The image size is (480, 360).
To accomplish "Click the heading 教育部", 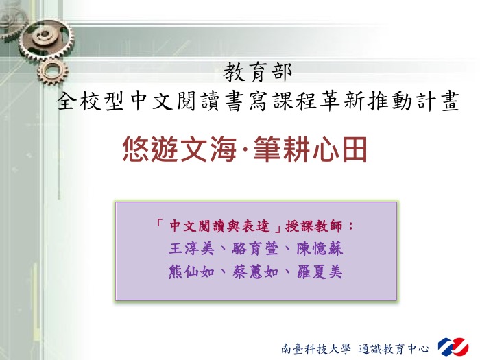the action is click(x=258, y=72).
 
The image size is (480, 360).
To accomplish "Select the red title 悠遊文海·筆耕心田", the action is click(x=245, y=149).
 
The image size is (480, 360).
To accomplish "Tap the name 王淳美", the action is click(x=191, y=248).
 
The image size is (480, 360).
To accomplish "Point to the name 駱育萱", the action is click(x=255, y=248).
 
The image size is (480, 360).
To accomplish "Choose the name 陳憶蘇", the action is click(x=320, y=248).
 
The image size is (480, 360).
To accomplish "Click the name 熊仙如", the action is click(x=191, y=272).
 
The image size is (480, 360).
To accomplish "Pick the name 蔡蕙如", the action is click(x=255, y=272).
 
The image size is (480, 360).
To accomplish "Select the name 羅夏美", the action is click(x=320, y=272).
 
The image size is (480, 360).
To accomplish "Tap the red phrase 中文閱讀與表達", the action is click(x=219, y=226).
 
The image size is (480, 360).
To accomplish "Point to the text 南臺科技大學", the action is click(x=316, y=348).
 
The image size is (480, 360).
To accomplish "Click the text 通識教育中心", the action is click(x=394, y=348).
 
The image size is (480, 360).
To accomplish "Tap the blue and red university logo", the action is click(x=453, y=347).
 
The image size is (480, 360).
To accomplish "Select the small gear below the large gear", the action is click(x=53, y=72).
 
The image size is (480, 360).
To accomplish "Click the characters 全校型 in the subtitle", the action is click(x=91, y=101).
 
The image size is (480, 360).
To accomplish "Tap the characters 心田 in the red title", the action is click(x=339, y=149).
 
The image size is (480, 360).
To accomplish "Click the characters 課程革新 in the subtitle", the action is click(x=319, y=101).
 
